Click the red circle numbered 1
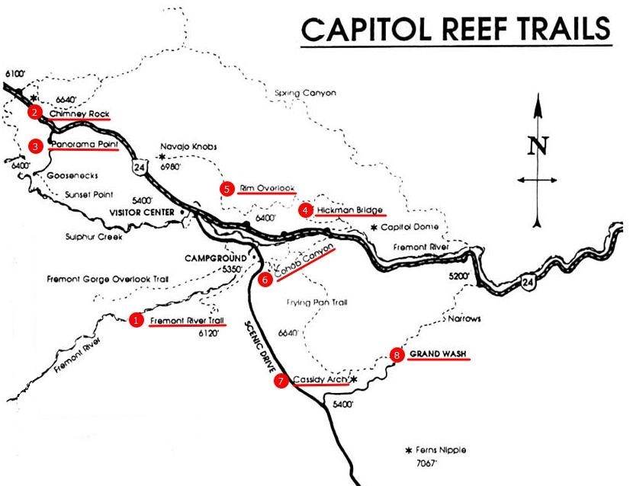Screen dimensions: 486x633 point(136,321)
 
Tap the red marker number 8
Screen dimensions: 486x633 point(395,354)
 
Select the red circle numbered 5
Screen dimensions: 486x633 point(226,187)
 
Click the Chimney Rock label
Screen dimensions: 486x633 point(80,114)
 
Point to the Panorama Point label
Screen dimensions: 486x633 point(84,144)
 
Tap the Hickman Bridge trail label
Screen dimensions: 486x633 point(349,209)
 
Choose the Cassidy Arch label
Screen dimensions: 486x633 point(320,379)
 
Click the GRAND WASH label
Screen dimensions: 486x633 point(438,354)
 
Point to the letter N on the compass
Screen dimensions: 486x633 point(538,145)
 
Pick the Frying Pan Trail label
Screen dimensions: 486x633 point(317,302)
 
